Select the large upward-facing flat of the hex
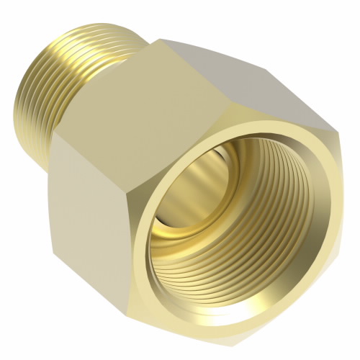click(x=194, y=86)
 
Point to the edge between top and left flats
click(x=108, y=133)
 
